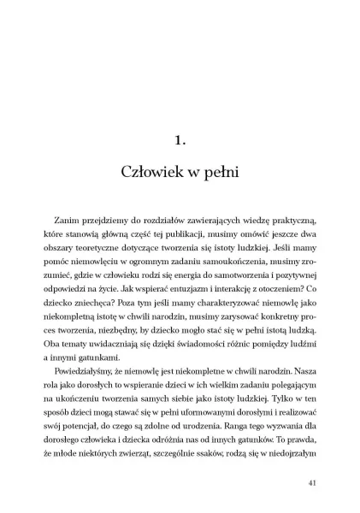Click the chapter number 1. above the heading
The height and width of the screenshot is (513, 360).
180,136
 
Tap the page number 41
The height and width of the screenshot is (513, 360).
312,482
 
